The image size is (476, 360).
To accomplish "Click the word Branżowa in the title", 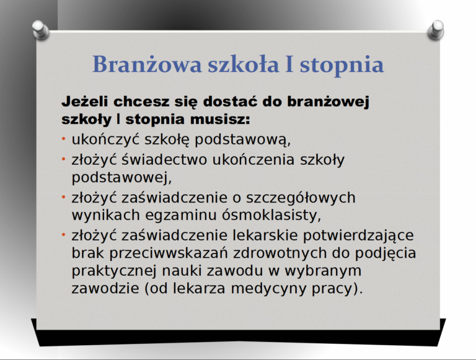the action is [x=147, y=64].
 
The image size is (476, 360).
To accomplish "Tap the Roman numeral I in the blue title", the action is [x=289, y=64].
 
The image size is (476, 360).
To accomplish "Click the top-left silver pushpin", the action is [x=40, y=30].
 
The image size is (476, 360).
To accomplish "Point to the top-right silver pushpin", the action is [x=436, y=30].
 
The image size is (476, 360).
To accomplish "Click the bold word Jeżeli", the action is [x=85, y=102].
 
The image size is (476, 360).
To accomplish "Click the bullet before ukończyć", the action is [x=63, y=139].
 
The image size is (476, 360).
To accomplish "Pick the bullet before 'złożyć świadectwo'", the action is [x=63, y=159].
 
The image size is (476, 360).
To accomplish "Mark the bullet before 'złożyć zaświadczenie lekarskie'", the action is [x=63, y=234].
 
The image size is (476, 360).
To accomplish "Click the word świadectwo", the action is [x=164, y=159].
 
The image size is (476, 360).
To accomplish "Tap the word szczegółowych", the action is [x=301, y=198].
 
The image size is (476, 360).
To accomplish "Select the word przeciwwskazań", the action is [x=169, y=253].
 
